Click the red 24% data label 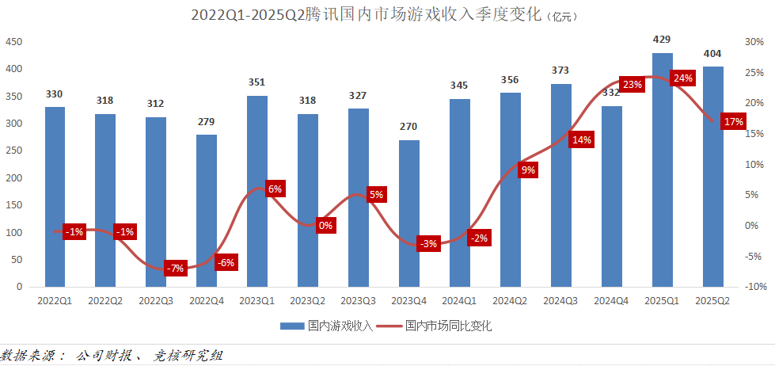point(682,78)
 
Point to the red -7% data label point(175,268)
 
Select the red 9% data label point(528,170)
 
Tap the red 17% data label point(733,122)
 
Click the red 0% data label point(325,225)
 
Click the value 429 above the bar point(663,39)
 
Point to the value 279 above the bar point(207,121)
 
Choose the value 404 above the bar point(712,53)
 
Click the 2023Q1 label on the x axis point(257,301)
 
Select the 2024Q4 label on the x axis point(612,301)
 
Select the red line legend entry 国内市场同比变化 point(434,326)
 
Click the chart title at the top point(372,15)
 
